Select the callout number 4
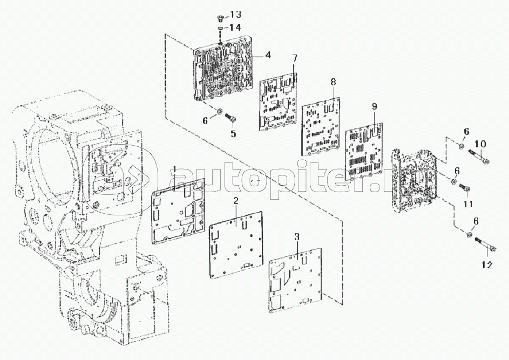coord(268,55)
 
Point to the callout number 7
coord(294,58)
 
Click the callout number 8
coord(334,82)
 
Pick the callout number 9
coord(374,106)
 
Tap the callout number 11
coord(467,204)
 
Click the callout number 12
coord(487,265)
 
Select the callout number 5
coord(233,133)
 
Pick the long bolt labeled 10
coord(479,155)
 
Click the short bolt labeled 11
coord(464,187)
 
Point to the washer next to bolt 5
coord(220,112)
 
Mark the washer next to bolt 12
coord(470,234)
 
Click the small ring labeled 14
coord(220,29)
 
